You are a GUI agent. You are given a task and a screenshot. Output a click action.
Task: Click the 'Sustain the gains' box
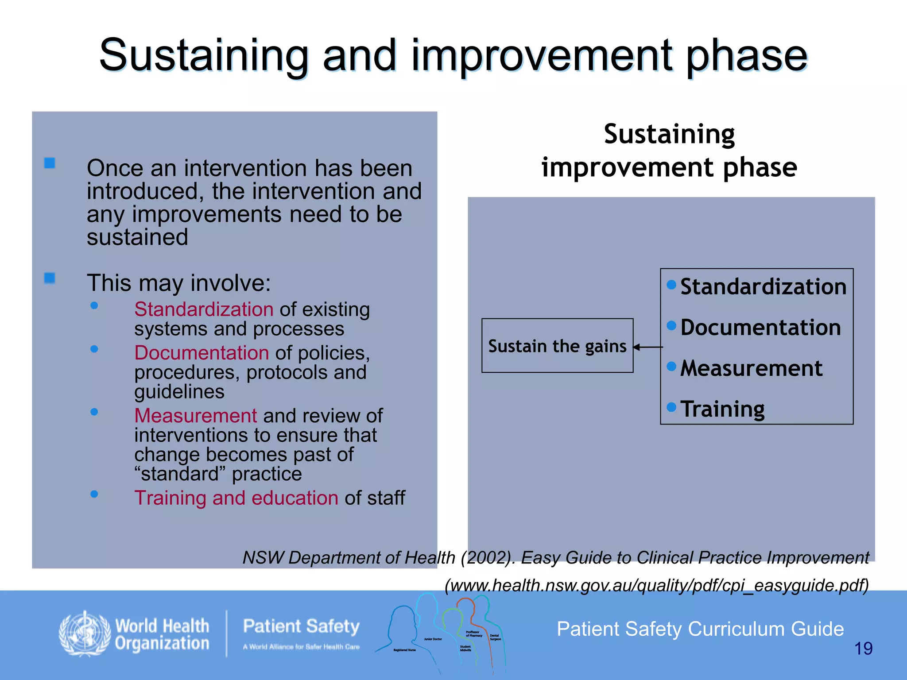[557, 346]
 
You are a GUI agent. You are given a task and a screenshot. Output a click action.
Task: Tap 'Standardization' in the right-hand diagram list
[763, 286]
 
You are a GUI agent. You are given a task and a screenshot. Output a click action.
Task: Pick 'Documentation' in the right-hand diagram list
[760, 328]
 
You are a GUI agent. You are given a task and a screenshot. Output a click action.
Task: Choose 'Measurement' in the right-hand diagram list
[751, 368]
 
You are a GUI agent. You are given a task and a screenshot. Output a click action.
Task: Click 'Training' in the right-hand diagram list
[722, 409]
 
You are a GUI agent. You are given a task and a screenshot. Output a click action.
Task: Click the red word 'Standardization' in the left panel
[204, 309]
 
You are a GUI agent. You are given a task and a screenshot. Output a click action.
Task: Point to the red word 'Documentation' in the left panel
[202, 353]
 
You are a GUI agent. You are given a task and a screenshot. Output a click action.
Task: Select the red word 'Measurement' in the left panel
[195, 416]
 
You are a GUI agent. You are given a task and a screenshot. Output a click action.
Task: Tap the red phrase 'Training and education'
[236, 498]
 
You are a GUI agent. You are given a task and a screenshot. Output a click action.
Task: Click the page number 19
[863, 649]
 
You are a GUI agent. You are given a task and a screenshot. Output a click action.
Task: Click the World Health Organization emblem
[85, 634]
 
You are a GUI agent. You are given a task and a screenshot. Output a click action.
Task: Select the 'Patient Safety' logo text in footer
[301, 626]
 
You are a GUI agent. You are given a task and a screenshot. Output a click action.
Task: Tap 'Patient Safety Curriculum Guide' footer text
[700, 629]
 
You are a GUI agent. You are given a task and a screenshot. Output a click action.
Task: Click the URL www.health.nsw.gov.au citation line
[656, 585]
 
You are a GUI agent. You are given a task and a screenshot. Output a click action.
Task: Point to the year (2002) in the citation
[488, 557]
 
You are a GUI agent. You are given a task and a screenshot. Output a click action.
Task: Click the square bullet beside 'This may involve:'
[50, 278]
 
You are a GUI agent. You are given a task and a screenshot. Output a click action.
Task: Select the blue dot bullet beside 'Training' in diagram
[671, 406]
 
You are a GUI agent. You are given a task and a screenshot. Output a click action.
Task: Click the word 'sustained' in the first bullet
[137, 237]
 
